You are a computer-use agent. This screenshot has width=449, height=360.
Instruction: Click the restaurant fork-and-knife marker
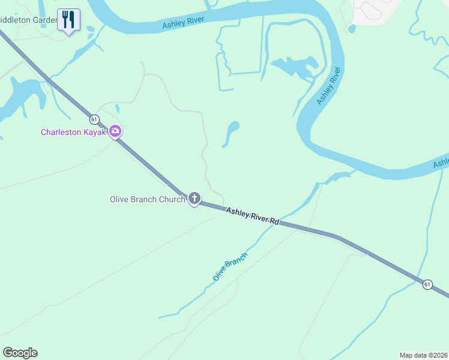(x=68, y=20)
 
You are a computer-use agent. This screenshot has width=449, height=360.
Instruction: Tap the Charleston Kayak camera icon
(x=115, y=131)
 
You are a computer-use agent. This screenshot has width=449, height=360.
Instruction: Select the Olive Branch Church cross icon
(x=194, y=198)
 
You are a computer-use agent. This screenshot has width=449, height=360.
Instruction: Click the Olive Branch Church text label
(x=148, y=200)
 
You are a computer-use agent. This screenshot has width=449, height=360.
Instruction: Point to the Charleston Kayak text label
(x=73, y=132)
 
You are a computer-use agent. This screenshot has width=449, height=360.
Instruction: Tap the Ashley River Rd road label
(x=253, y=216)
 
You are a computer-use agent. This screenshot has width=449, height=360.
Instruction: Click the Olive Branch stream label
(x=230, y=267)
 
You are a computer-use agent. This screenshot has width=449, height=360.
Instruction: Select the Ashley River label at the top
(x=183, y=23)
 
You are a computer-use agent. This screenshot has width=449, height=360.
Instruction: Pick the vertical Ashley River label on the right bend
(x=329, y=86)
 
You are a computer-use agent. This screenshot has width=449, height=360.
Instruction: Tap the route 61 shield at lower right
(x=427, y=284)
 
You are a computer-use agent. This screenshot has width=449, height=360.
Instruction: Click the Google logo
(x=20, y=353)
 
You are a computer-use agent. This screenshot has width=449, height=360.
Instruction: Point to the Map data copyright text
(x=423, y=355)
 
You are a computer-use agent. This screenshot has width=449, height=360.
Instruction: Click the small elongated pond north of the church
(x=231, y=132)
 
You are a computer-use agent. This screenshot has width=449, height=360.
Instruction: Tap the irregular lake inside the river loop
(x=294, y=67)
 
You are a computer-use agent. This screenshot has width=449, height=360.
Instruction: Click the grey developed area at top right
(x=375, y=11)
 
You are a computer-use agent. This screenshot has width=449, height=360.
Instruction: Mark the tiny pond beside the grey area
(x=352, y=28)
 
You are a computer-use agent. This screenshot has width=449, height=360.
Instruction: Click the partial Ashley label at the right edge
(x=441, y=163)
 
